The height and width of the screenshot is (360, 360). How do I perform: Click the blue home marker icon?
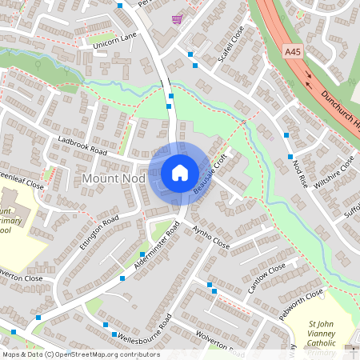tap(180, 173)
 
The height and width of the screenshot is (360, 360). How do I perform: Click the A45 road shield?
tap(294, 52)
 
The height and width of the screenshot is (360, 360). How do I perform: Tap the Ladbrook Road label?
tap(82, 144)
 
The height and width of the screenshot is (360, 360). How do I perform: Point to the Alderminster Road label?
tap(157, 250)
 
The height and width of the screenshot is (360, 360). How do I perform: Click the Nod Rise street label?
tap(300, 172)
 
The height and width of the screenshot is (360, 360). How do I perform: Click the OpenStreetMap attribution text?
tap(81, 354)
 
